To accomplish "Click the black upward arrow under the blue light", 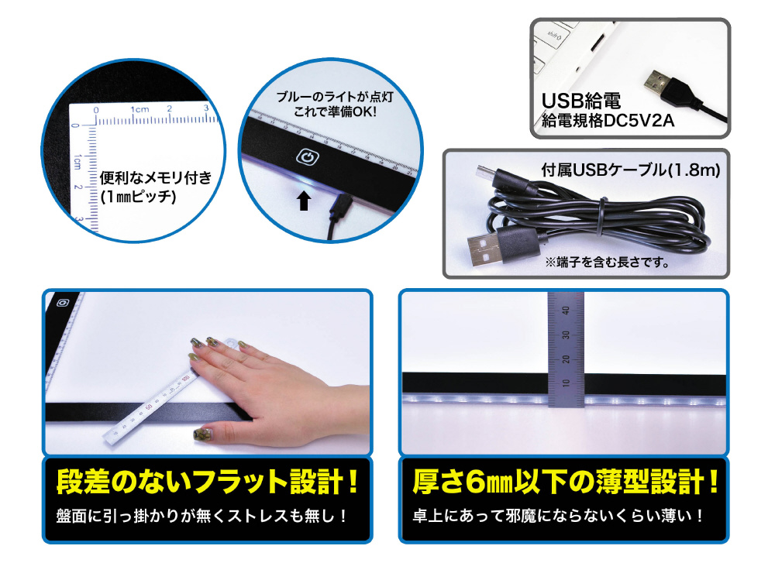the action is (304, 201).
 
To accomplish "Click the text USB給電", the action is (581, 101).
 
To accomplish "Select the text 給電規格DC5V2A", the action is (608, 121).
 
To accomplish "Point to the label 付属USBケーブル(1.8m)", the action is (631, 170).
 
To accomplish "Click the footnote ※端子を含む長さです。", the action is (607, 263).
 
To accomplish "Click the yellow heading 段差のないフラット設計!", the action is (208, 482).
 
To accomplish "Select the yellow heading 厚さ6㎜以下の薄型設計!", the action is (566, 482).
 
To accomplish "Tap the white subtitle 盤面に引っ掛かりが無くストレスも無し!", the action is (202, 517).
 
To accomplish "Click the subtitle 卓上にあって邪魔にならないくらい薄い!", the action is (559, 517).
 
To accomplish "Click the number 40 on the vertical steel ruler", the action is (567, 311).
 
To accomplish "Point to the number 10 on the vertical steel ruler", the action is (567, 383).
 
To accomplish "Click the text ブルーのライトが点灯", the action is (335, 97).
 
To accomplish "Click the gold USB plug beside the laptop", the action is (657, 84).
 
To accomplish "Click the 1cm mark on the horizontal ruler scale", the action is (139, 109).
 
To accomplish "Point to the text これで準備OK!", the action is (335, 112).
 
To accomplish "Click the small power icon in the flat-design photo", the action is (63, 303).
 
